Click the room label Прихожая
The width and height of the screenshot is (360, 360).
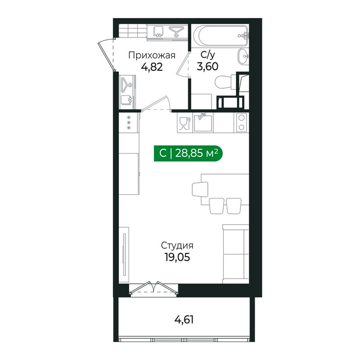tap(151, 56)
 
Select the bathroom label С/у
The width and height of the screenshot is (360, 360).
tap(207, 56)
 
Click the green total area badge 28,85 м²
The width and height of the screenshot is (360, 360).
tap(189, 153)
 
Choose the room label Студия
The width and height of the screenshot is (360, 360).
tap(177, 246)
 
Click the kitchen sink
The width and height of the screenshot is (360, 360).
tap(203, 122)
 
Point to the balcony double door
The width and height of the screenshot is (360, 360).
tap(153, 288)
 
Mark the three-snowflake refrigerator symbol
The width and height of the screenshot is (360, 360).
tap(129, 122)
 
